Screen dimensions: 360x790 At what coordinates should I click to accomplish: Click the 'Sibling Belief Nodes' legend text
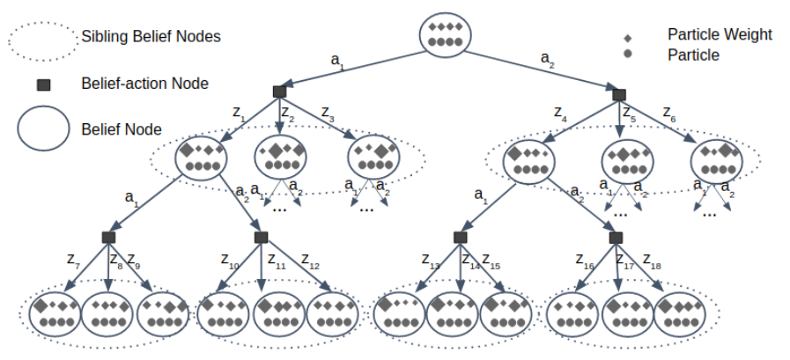[x=151, y=37]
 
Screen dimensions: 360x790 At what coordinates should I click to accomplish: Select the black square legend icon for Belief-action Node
[x=42, y=85]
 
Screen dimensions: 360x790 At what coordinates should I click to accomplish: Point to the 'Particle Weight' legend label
[x=720, y=34]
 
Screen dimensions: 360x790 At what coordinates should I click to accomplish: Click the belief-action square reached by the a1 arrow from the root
[x=279, y=92]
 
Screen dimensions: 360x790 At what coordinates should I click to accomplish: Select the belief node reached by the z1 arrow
[x=202, y=158]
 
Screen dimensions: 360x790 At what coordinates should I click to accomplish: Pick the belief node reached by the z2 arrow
[x=280, y=158]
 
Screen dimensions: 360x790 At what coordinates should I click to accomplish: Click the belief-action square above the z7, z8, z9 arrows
[x=108, y=237]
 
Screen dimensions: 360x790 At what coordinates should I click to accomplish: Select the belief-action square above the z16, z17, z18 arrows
[x=616, y=238]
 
